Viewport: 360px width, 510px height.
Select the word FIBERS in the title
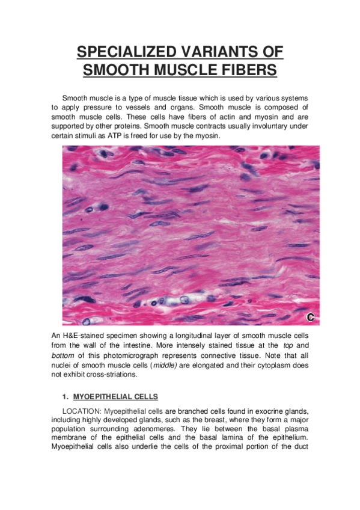point(246,70)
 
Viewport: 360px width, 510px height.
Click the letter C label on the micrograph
point(311,317)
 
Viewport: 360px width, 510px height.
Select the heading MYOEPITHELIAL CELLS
point(115,397)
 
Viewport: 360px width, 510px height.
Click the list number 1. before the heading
point(64,397)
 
